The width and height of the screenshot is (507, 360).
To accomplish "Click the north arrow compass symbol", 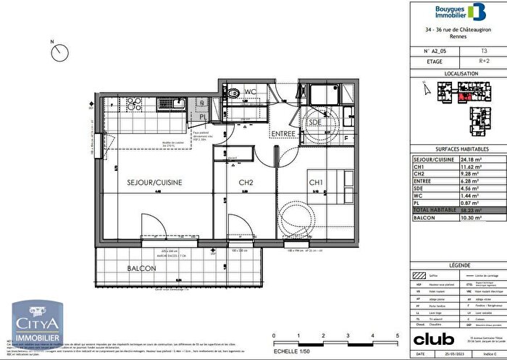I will [60, 52].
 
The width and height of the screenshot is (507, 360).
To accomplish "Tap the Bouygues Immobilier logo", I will [458, 12].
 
